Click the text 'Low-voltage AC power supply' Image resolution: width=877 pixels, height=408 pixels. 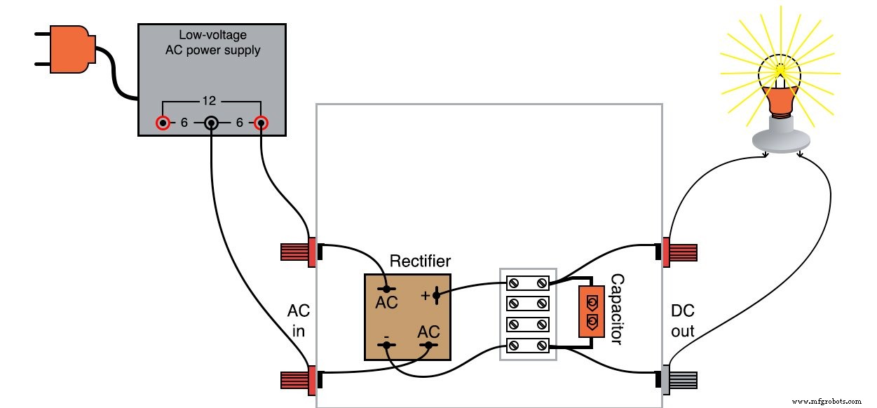coord(212,43)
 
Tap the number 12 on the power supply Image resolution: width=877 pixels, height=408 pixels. coord(212,100)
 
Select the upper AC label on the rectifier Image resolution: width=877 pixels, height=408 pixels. coord(386,303)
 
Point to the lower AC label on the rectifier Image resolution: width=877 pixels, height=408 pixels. coord(428,331)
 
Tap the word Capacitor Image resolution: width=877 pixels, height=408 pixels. coord(616,309)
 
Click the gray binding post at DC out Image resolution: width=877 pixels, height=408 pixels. coord(680,379)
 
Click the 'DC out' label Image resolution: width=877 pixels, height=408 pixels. coord(682,320)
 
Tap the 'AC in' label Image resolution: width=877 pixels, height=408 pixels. coord(298,320)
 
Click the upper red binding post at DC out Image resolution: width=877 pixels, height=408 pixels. coord(680,251)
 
